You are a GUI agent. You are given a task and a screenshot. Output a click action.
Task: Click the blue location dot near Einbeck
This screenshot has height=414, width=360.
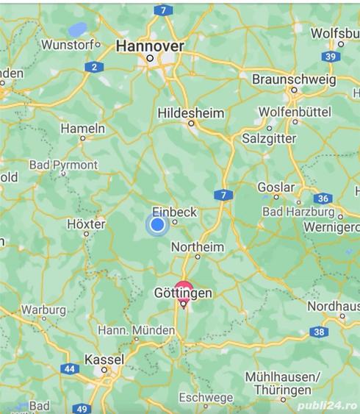(156, 225)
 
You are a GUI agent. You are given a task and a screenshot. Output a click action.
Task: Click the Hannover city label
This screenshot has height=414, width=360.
(150, 46)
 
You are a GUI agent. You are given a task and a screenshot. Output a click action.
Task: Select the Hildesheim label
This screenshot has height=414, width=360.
(191, 113)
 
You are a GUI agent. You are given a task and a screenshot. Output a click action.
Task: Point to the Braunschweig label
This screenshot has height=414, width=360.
(293, 79)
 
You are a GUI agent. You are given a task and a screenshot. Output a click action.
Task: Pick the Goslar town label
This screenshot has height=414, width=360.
(276, 188)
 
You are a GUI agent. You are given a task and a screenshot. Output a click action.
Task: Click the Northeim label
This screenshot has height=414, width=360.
(196, 247)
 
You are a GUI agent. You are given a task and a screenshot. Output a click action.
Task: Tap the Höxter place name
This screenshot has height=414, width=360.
(86, 224)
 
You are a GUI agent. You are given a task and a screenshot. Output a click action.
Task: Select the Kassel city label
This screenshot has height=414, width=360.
(104, 360)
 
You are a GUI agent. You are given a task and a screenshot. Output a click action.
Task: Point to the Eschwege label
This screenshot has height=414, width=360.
(206, 398)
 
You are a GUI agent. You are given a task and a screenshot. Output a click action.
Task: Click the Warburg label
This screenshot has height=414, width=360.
(43, 310)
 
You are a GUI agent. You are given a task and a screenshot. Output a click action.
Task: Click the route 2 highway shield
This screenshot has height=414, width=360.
(93, 68)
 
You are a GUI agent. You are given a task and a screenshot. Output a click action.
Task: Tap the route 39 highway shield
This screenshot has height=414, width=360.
(331, 57)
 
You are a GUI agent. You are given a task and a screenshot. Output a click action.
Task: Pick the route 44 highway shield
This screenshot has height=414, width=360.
(69, 368)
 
